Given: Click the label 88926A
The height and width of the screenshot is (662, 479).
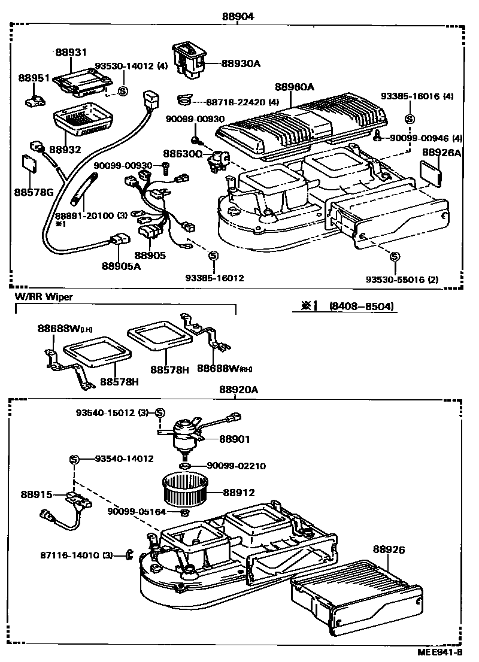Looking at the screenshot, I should [441, 153].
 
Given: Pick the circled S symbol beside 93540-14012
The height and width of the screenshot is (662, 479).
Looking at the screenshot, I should [74, 459].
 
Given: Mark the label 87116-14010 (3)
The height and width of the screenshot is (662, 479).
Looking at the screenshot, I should [81, 555].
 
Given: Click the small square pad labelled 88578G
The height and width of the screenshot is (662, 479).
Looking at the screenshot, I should [29, 163].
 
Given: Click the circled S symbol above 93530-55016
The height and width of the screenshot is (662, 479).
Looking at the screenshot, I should [394, 257].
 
